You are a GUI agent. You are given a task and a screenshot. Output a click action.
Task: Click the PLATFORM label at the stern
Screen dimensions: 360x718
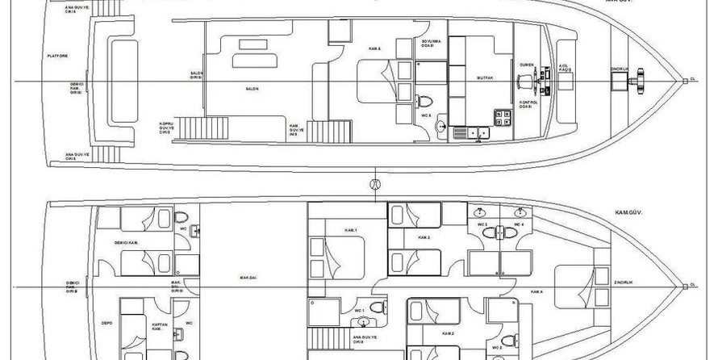[x=57, y=57]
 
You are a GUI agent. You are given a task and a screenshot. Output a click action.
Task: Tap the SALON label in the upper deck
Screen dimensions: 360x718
[x=252, y=89]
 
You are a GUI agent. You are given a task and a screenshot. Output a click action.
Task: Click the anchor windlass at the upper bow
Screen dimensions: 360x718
[x=642, y=79]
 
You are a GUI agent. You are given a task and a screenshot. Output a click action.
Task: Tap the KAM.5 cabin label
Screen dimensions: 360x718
[x=374, y=48]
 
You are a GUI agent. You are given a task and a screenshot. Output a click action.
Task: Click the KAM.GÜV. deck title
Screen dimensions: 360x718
[x=616, y=216]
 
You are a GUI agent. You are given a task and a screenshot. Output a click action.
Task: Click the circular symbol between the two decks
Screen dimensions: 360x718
[x=374, y=185]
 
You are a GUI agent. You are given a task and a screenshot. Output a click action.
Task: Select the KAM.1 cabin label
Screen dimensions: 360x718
[x=351, y=230]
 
